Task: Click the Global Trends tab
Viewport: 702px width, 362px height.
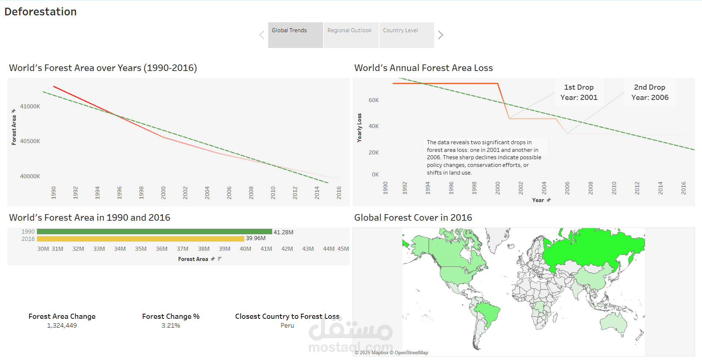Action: [295, 35]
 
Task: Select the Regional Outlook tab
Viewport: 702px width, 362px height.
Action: [350, 35]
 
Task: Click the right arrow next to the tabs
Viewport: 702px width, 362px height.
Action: [440, 35]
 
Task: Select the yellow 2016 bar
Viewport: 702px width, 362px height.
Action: [140, 239]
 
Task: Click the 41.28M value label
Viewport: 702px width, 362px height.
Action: [283, 232]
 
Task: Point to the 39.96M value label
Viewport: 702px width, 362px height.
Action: [255, 238]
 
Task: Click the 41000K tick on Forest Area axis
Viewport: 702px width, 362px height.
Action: [30, 107]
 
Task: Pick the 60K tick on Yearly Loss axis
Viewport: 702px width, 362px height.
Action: [373, 100]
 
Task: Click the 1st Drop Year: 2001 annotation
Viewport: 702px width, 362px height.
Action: [579, 92]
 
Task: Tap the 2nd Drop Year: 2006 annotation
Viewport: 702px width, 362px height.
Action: [650, 92]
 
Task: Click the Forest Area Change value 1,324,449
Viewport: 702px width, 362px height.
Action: [62, 325]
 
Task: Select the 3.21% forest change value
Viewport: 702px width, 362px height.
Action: [171, 325]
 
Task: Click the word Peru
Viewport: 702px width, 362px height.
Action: [287, 325]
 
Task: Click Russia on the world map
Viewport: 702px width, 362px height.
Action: [593, 245]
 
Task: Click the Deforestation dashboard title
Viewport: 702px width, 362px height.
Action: [41, 12]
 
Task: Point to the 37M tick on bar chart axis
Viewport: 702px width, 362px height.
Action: [182, 249]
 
